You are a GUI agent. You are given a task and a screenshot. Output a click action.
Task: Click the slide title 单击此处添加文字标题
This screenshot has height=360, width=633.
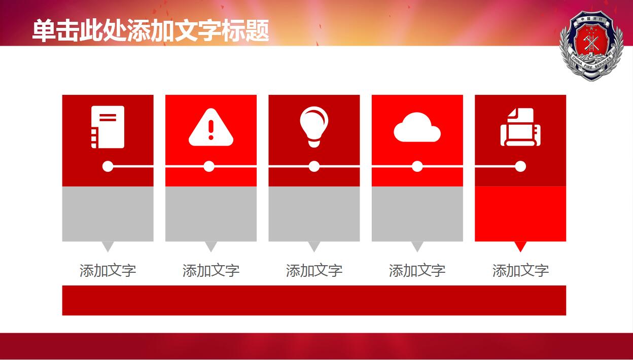[x=151, y=30]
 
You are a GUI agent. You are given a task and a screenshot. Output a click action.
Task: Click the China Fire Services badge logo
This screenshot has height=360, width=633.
[x=591, y=46]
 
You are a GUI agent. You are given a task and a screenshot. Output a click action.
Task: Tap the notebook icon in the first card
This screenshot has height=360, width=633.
[x=108, y=127]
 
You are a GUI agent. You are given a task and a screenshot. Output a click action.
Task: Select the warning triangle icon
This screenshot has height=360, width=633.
[x=211, y=127]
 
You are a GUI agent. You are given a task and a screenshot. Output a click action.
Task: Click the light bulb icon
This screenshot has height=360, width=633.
[x=314, y=127]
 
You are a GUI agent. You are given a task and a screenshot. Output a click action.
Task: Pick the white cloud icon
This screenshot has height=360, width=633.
[x=417, y=127]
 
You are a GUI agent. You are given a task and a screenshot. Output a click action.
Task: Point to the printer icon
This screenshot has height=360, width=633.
[x=520, y=127]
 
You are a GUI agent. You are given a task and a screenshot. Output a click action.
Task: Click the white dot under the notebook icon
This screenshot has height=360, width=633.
[x=108, y=166]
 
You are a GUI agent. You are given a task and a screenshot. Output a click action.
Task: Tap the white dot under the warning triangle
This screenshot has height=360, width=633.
[x=209, y=166]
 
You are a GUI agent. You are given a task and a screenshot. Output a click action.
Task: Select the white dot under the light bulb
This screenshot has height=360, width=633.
[x=314, y=166]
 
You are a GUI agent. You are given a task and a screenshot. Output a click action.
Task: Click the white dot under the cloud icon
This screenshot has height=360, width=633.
[x=417, y=166]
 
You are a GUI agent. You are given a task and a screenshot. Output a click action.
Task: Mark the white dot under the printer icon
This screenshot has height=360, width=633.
[x=520, y=166]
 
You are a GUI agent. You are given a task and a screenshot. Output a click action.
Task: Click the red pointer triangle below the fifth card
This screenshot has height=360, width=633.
[x=520, y=245]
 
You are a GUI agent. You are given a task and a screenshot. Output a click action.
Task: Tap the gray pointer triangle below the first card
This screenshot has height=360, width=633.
[x=108, y=245]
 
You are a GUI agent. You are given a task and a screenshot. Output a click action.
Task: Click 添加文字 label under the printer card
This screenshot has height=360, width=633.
[x=520, y=270]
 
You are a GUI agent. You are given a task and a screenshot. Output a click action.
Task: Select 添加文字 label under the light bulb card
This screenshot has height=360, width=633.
[x=314, y=270]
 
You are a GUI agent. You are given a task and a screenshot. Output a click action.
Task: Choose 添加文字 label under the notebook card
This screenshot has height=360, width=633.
[x=108, y=270]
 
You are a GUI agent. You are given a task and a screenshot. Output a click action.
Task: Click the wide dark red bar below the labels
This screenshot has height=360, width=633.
[x=314, y=300]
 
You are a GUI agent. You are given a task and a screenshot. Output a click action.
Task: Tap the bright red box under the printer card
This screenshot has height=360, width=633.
[x=520, y=214]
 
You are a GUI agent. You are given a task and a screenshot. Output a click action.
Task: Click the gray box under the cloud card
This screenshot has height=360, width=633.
[x=417, y=214]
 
